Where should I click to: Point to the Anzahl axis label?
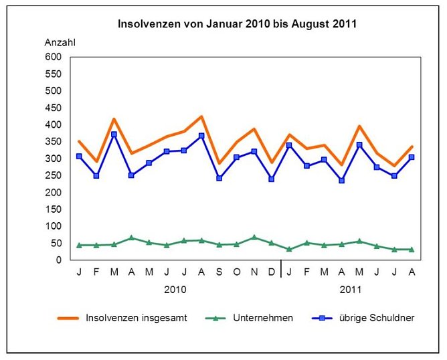pos(60,42)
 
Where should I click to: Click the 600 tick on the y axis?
pos(53,57)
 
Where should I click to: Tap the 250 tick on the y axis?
pos(53,175)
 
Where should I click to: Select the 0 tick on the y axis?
pos(59,260)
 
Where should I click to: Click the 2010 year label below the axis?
pos(175,290)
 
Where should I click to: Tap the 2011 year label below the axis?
pos(351,290)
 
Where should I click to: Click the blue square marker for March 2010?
pos(114,134)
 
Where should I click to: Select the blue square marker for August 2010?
pos(201,136)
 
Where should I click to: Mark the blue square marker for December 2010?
pos(272,179)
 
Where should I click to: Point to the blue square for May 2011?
pos(359,145)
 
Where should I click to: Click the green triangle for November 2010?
pos(254,238)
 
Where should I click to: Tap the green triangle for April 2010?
pos(132,238)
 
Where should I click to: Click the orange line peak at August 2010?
pos(201,116)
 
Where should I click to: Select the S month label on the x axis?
pos(219,271)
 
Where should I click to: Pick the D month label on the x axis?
pos(272,271)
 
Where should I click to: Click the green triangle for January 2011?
pos(289,249)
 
